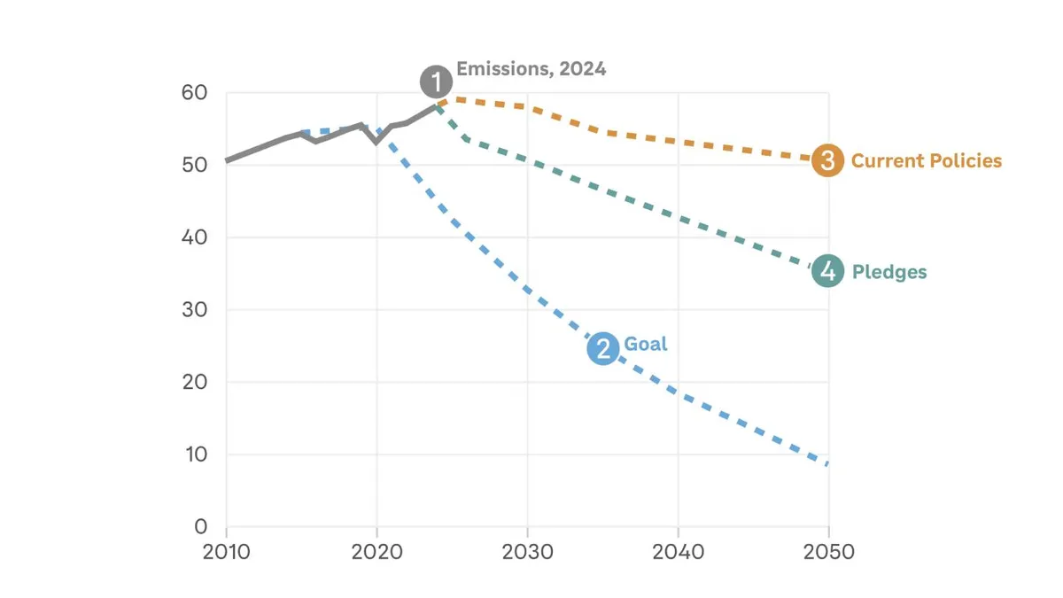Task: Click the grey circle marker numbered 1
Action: (436, 82)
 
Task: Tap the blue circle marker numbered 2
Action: (603, 348)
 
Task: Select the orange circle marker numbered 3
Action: (827, 161)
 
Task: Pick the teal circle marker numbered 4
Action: (827, 271)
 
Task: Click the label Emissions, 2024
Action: (531, 69)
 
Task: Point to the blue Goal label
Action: (646, 344)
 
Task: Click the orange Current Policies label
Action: (926, 161)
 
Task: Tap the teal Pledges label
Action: (888, 272)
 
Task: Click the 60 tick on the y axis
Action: (195, 93)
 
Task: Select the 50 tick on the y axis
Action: (195, 166)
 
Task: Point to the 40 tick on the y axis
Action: (195, 237)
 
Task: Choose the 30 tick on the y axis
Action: (195, 310)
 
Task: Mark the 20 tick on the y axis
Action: (195, 383)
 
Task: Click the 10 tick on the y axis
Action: (195, 454)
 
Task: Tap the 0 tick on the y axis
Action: (201, 527)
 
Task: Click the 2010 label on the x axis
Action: (227, 552)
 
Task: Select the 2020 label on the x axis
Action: (377, 552)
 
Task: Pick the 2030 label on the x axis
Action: (528, 552)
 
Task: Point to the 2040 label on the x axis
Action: (679, 552)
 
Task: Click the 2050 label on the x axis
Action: (829, 552)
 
